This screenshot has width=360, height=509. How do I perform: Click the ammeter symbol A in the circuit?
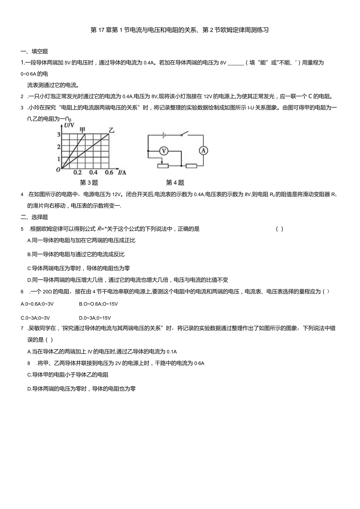pos(203,150)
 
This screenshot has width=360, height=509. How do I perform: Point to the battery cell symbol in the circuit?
pos(164,135)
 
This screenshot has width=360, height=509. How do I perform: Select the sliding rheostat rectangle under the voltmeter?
pos(162,166)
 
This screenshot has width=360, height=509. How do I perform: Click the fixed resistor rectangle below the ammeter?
pos(191,166)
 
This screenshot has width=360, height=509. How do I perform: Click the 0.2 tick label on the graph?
pos(77,173)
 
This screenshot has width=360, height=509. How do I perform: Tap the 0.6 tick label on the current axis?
pos(109,173)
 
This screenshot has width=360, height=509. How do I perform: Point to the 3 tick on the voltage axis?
pos(59,135)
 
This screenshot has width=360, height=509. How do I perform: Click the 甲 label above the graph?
pos(83,129)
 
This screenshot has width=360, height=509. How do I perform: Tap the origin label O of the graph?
pos(58,169)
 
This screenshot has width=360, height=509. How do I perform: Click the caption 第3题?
pos(89,183)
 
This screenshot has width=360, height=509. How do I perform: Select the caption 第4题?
pos(175,183)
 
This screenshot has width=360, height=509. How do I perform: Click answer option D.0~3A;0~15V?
pos(95,318)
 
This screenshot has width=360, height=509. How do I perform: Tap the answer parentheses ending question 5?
pos(280,229)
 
